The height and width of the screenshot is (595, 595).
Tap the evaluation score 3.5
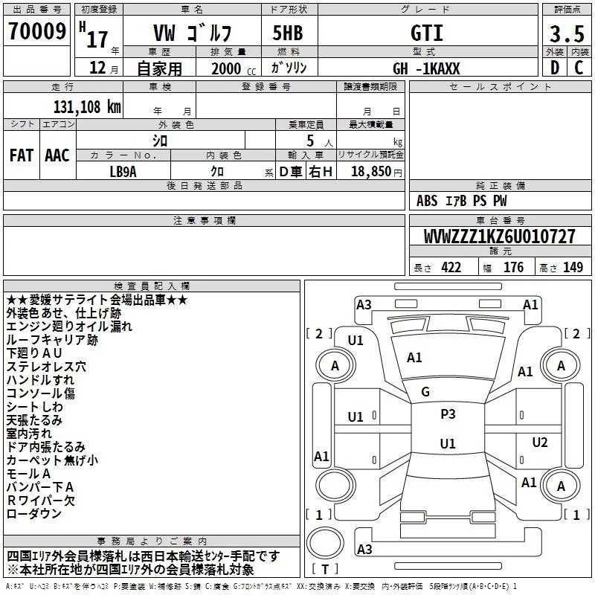coord(565,34)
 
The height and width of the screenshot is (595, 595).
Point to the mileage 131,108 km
coord(86,106)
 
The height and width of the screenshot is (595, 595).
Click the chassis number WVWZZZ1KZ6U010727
coord(499,237)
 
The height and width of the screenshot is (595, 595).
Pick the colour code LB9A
coord(123,170)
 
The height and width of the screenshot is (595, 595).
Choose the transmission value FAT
coord(22,155)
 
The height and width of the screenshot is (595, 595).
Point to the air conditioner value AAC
coord(57,155)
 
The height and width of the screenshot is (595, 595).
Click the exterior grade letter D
coord(554,68)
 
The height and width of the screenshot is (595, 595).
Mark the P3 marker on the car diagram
coord(448,414)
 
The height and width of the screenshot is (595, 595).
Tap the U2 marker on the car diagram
coord(540,443)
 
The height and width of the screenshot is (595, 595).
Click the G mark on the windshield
coord(425,392)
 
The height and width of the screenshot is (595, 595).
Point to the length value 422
coord(451,268)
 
